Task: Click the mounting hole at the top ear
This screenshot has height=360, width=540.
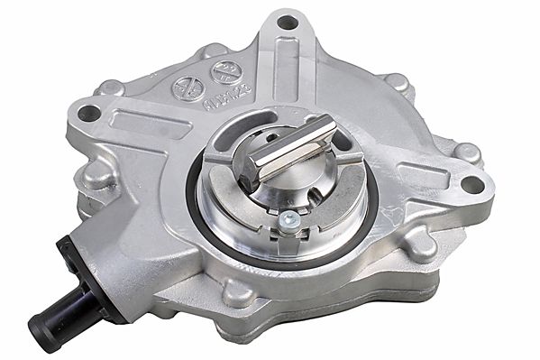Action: pyautogui.click(x=288, y=21)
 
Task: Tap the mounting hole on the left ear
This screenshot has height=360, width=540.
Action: pyautogui.click(x=87, y=113)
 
